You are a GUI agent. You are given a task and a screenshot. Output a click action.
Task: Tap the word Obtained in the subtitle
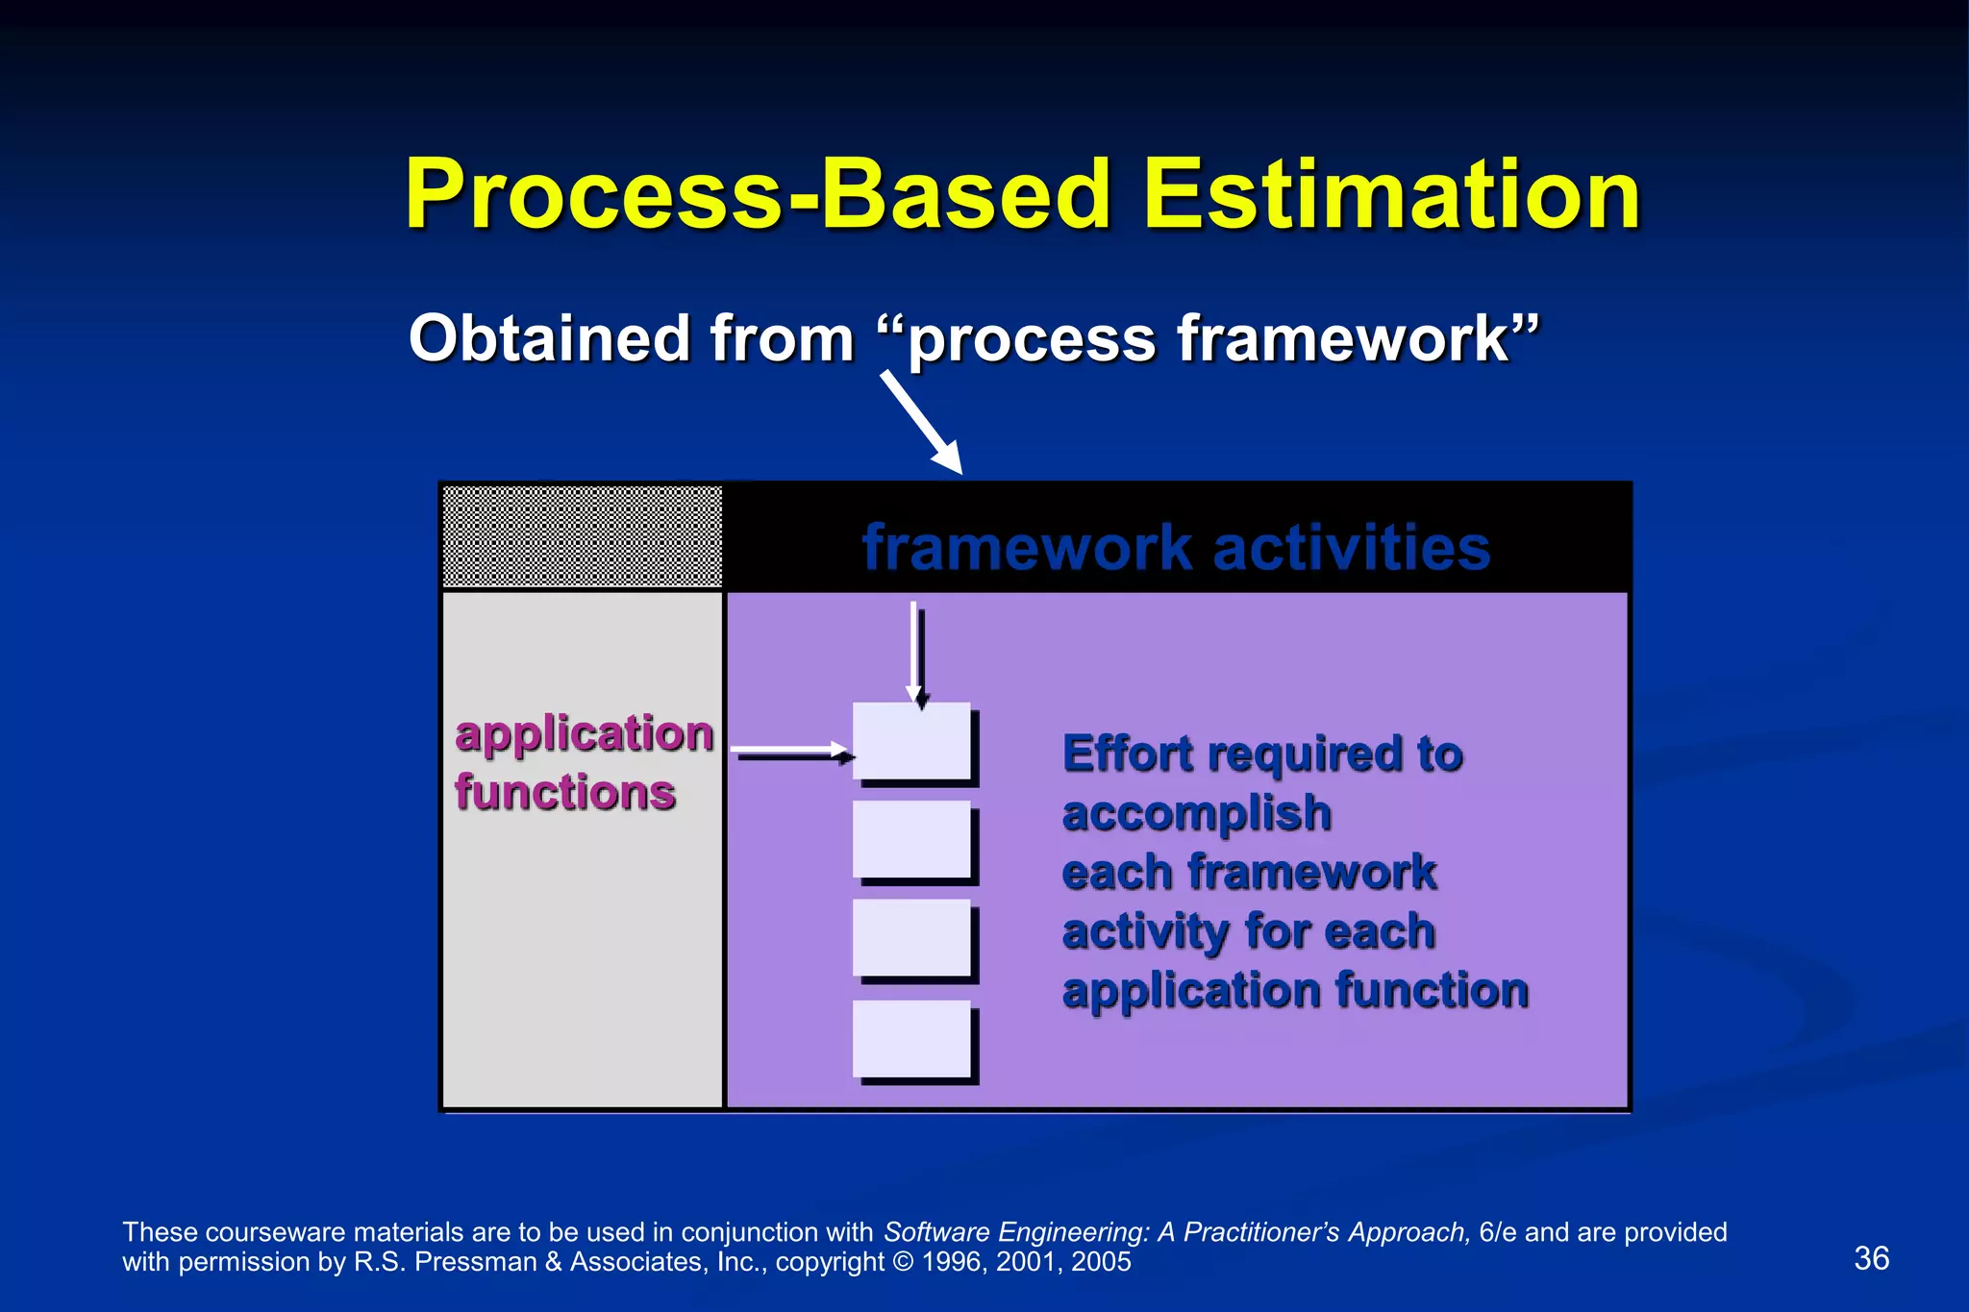point(549,338)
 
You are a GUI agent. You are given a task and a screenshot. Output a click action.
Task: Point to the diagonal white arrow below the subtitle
point(921,422)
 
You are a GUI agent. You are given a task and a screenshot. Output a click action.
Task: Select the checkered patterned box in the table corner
point(582,536)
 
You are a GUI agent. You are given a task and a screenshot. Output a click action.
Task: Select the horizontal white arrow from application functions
point(791,750)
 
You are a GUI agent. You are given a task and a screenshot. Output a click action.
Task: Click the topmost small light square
point(911,740)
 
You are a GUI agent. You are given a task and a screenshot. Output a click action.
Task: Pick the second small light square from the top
point(911,839)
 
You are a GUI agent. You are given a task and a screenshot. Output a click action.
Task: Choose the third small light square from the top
point(911,937)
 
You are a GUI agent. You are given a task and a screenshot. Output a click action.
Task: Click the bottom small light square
point(911,1038)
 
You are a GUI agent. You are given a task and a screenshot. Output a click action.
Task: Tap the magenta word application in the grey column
point(584,734)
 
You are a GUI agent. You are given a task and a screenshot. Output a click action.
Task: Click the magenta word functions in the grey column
point(565,793)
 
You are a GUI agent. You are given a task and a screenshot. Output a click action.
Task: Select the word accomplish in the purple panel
point(1196,814)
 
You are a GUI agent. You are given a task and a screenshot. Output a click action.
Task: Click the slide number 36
point(1871,1258)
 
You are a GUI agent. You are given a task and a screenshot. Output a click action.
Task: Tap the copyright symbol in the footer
point(903,1262)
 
